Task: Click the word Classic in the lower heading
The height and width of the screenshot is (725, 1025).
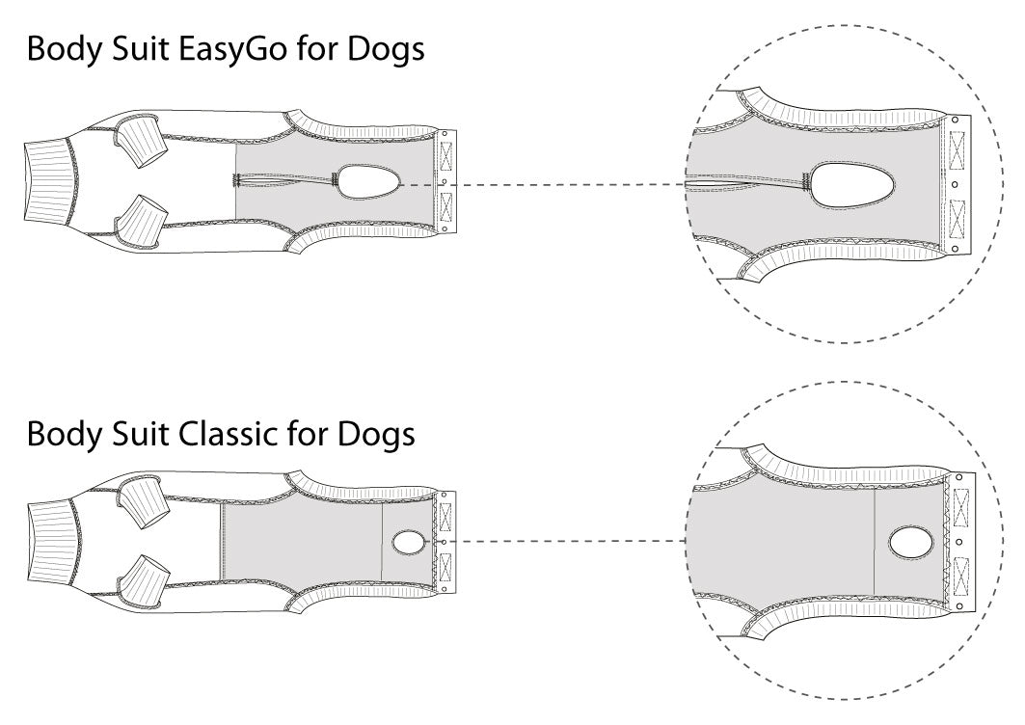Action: [x=228, y=435]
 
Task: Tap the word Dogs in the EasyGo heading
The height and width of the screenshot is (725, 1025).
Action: [x=386, y=50]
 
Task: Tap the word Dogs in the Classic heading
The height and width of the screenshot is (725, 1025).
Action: [x=376, y=435]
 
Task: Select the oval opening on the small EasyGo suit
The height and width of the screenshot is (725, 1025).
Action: [x=367, y=181]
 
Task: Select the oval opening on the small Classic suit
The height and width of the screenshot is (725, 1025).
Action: [x=409, y=543]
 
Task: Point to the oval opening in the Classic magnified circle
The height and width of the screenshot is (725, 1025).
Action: [x=910, y=543]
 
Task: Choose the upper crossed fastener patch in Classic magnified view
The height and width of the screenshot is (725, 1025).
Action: [x=960, y=506]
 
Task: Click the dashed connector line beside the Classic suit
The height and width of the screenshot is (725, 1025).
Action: [x=569, y=542]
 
